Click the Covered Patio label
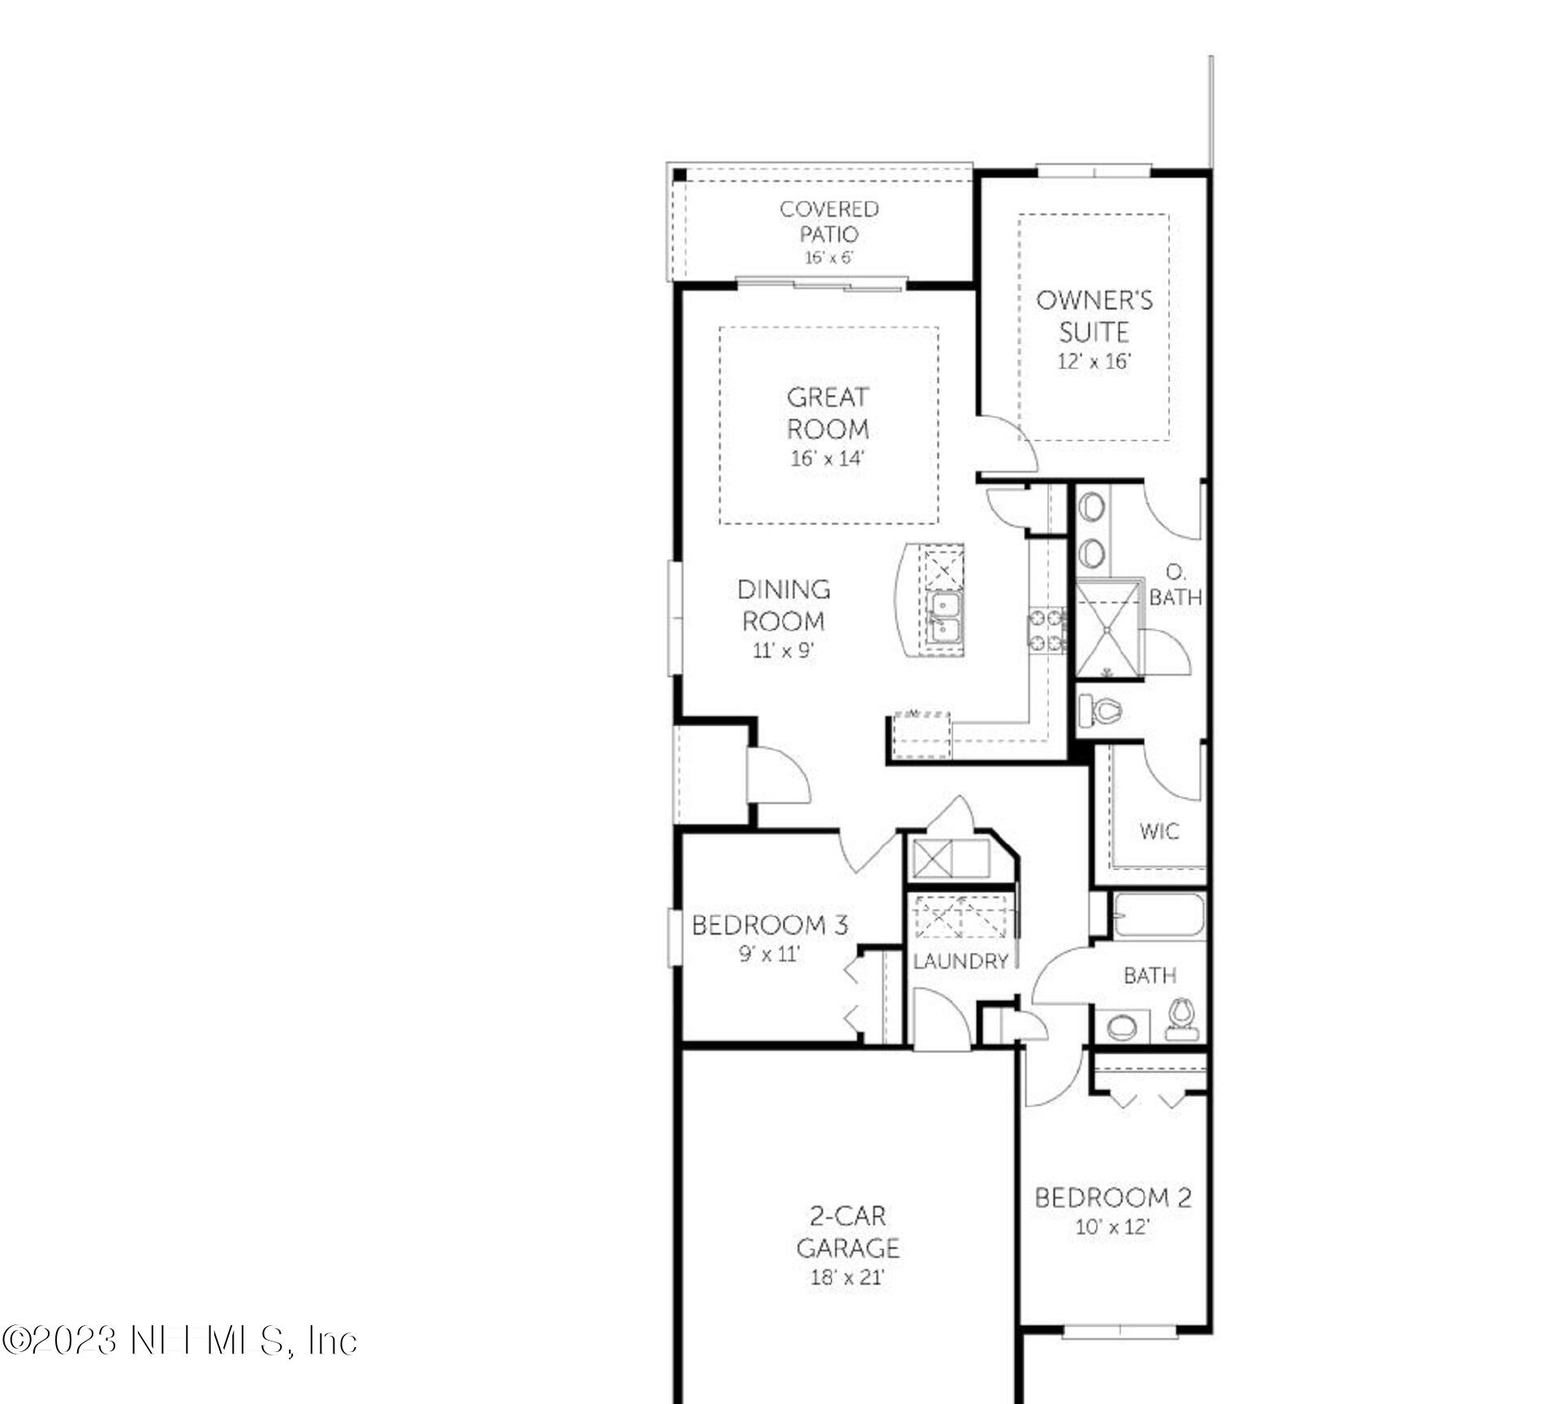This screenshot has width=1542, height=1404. tap(829, 222)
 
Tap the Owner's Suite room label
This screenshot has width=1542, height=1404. tap(1094, 316)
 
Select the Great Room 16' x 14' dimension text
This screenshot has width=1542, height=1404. tap(828, 459)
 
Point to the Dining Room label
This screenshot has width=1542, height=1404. tap(783, 605)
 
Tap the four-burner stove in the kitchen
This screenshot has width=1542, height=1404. tap(1047, 631)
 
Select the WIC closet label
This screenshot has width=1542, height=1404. tap(1159, 832)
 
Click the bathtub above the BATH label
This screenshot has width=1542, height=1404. tap(1159, 917)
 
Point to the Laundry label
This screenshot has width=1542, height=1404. tap(961, 961)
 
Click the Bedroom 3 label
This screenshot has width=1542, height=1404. tap(769, 925)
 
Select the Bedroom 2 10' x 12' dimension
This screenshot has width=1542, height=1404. tap(1113, 1227)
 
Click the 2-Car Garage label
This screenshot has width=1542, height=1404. tap(847, 1231)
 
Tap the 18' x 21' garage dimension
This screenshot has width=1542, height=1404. tap(847, 1277)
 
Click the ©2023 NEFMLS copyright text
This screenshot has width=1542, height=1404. tap(179, 1341)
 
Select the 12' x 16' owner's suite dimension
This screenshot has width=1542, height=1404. tap(1094, 361)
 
